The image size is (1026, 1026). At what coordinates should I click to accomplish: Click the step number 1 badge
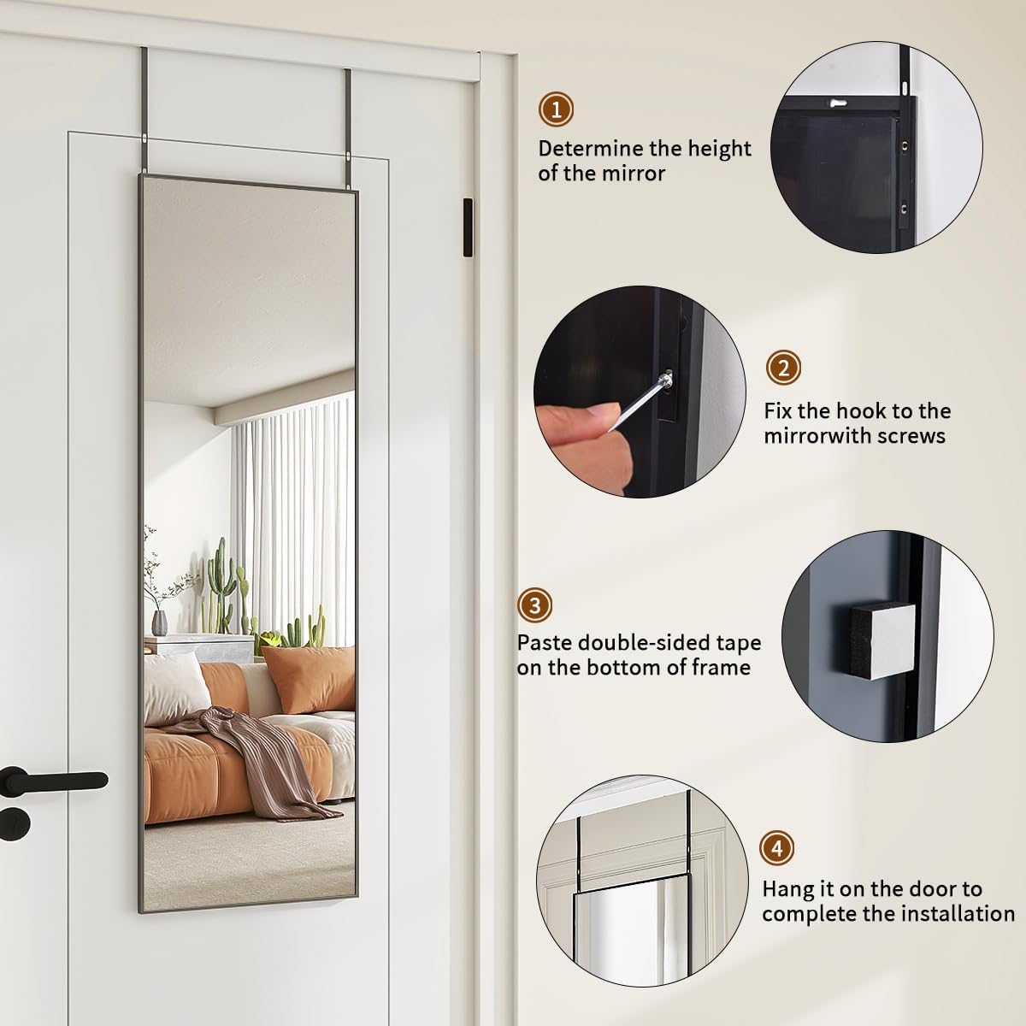[557, 109]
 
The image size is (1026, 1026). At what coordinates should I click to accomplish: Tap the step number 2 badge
[783, 369]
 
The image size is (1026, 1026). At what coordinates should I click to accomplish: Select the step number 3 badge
[535, 606]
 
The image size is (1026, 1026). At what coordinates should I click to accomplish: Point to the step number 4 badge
[777, 848]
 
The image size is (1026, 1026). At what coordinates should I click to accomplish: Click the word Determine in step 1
[589, 149]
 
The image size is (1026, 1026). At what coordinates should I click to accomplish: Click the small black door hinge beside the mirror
[465, 227]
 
